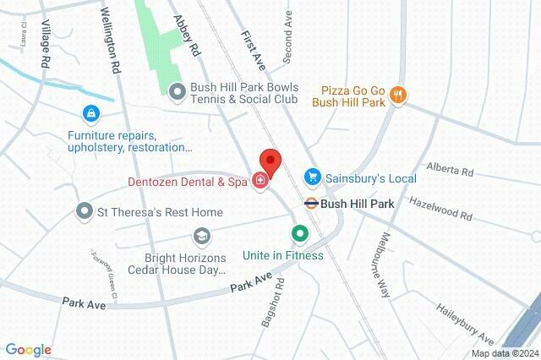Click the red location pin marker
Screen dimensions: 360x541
[x=269, y=161]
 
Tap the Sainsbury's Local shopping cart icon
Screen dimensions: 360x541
[x=312, y=177]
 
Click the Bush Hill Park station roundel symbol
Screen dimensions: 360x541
[x=311, y=204]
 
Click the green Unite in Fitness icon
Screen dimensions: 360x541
[x=298, y=233]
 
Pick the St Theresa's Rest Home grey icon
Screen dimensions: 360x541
[x=84, y=210]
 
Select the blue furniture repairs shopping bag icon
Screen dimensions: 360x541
[x=90, y=112]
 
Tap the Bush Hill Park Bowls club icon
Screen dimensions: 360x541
[x=177, y=90]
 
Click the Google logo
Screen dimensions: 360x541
[x=29, y=349]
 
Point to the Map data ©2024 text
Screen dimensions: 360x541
[x=504, y=353]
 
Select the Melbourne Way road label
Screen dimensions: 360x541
[x=383, y=264]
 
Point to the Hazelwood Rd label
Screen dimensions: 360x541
[x=440, y=210]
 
